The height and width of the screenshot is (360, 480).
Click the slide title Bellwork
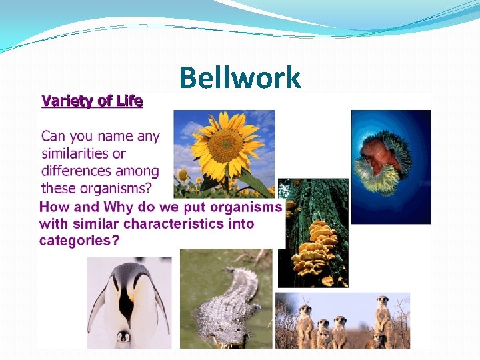coord(240,78)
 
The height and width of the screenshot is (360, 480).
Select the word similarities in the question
coord(83,153)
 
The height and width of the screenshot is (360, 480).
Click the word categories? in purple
coord(79,240)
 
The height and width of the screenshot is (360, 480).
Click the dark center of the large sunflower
coord(225,145)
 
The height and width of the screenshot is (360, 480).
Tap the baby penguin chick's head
coord(123,337)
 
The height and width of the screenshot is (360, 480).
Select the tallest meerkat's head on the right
coord(382,302)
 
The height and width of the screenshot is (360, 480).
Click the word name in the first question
coord(120,136)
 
